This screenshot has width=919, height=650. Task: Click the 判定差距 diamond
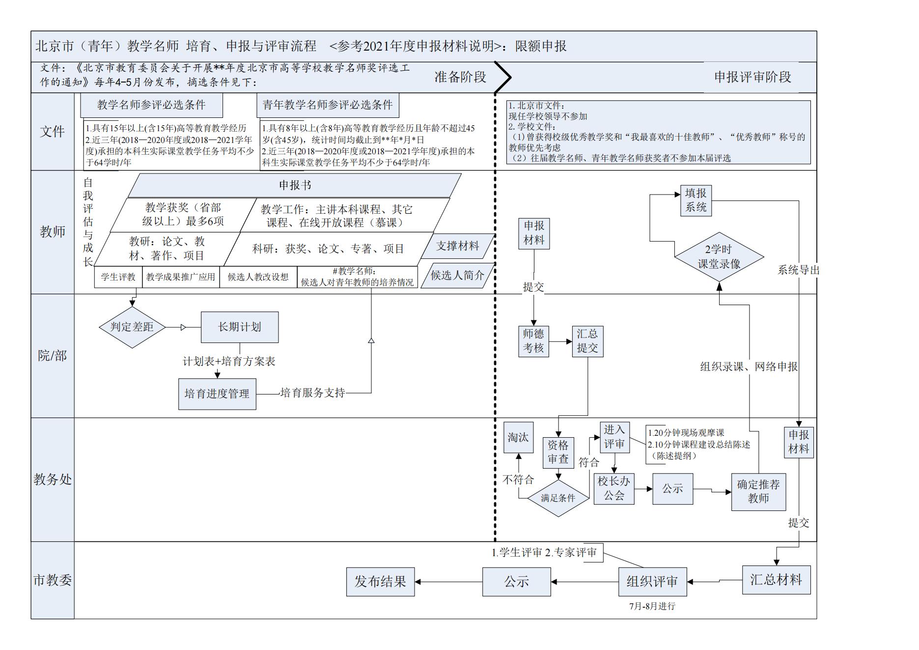tap(132, 327)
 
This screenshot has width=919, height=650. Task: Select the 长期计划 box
tap(239, 327)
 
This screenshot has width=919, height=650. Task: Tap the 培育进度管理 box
tap(217, 394)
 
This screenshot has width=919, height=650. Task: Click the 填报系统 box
tap(696, 200)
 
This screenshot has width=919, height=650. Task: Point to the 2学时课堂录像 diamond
tap(719, 257)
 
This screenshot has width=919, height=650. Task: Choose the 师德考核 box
tap(533, 341)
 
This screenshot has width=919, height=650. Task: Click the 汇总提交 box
tap(587, 341)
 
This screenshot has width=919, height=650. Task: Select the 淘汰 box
tap(518, 437)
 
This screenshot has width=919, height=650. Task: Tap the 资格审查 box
tap(558, 452)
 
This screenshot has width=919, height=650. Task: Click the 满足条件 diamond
tap(558, 498)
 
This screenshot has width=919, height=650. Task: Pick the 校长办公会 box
tap(614, 488)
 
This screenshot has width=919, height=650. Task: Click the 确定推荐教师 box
tap(758, 492)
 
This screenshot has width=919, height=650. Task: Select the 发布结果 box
tap(380, 582)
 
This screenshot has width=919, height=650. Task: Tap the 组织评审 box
tap(652, 582)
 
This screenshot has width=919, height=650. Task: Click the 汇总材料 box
tap(776, 580)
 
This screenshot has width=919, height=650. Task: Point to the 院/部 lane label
tap(53, 356)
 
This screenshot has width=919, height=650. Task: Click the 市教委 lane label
tap(53, 580)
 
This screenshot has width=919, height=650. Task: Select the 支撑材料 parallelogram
tap(458, 246)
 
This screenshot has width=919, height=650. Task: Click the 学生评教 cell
tap(118, 277)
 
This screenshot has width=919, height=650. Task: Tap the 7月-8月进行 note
tap(652, 607)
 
